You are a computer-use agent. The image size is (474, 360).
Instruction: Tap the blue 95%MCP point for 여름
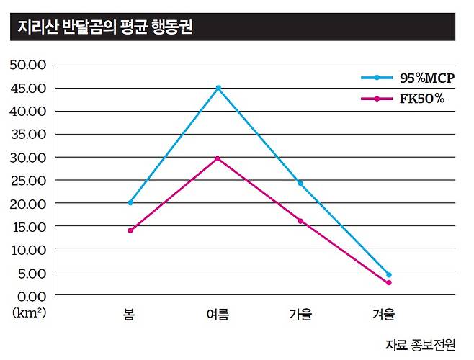pyautogui.click(x=218, y=88)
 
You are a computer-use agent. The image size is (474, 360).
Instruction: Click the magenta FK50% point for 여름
pyautogui.click(x=218, y=158)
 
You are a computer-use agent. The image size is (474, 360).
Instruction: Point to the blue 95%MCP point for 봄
pyautogui.click(x=130, y=203)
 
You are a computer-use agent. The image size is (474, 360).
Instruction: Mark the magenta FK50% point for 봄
pyautogui.click(x=130, y=230)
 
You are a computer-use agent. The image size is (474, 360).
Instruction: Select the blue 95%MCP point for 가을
pyautogui.click(x=300, y=184)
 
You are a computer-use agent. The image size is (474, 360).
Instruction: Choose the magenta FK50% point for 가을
pyautogui.click(x=300, y=221)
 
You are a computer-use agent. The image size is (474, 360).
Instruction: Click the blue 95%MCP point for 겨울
pyautogui.click(x=389, y=275)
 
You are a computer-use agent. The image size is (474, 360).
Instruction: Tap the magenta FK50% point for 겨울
pyautogui.click(x=389, y=283)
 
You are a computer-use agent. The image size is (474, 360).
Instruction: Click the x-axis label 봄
pyautogui.click(x=130, y=315)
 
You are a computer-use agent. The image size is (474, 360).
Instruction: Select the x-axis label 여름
pyautogui.click(x=218, y=315)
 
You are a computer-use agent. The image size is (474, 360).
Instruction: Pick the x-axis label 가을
pyautogui.click(x=300, y=315)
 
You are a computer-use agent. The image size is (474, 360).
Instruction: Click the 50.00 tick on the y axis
pyautogui.click(x=28, y=65)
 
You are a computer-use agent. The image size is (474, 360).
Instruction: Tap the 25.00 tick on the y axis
pyautogui.click(x=28, y=180)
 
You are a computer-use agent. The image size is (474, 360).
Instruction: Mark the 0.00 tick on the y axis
pyautogui.click(x=31, y=295)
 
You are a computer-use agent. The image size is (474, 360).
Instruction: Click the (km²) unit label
pyautogui.click(x=29, y=313)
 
